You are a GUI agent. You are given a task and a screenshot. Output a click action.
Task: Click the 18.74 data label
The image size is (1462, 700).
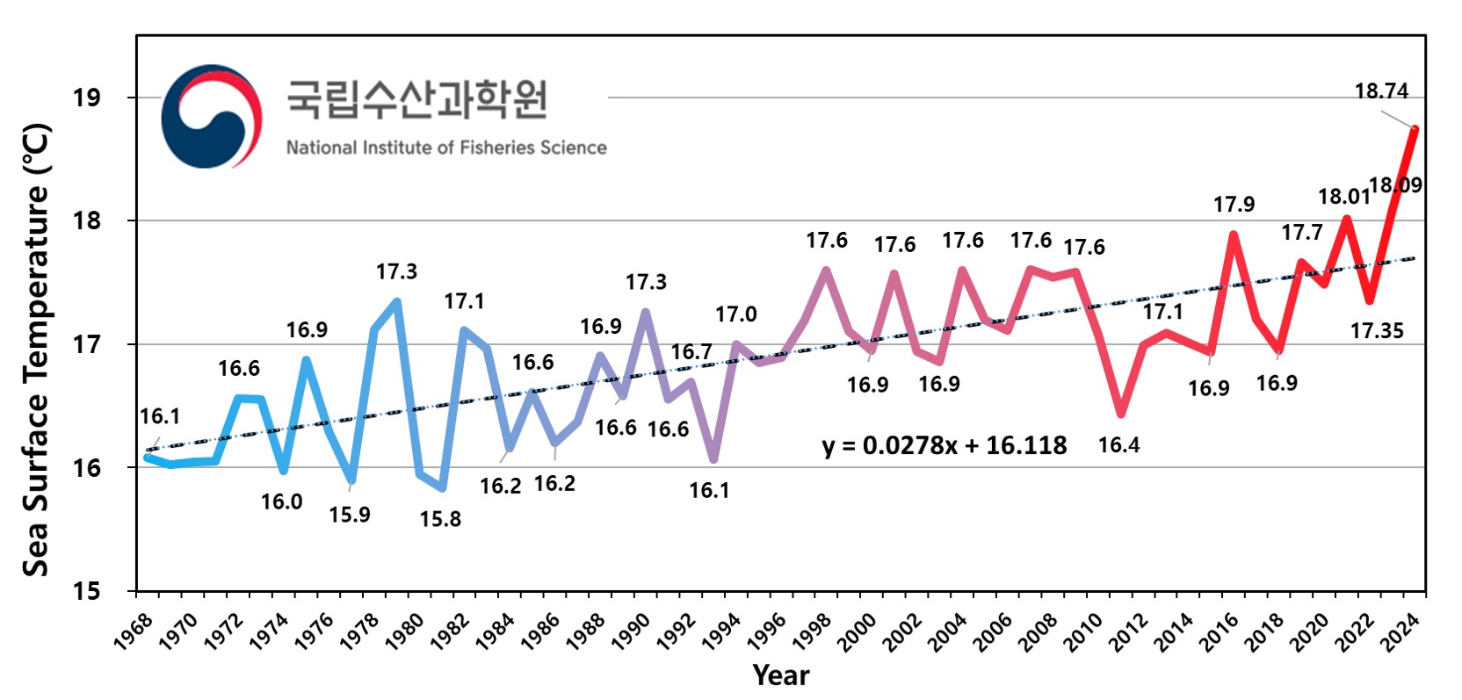(x=1381, y=91)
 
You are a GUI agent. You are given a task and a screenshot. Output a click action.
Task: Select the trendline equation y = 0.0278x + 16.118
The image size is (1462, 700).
(x=945, y=445)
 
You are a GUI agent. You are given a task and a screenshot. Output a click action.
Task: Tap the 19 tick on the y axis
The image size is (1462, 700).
(x=87, y=97)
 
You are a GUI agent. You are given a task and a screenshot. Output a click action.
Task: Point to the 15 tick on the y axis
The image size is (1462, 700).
(x=87, y=591)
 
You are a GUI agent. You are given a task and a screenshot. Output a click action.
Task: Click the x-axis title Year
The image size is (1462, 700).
(x=780, y=675)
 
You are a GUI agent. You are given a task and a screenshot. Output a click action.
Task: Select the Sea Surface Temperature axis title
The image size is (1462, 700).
(x=36, y=350)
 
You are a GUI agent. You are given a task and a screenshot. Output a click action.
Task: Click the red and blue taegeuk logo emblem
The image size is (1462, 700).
(x=212, y=116)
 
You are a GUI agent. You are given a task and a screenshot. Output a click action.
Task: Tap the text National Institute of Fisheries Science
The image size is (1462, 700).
(x=446, y=148)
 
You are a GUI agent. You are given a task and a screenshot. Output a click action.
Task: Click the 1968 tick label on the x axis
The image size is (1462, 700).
(x=134, y=631)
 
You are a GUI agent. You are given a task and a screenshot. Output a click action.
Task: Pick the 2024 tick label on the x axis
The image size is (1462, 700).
(x=1400, y=631)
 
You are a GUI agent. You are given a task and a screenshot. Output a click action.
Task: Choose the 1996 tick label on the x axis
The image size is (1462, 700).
(x=767, y=631)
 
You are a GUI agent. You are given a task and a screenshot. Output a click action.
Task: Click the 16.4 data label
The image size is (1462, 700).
(x=1118, y=445)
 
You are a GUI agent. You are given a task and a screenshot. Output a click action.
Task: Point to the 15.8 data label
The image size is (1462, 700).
(x=440, y=519)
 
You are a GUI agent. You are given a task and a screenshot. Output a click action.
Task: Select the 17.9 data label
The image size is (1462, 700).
(x=1234, y=205)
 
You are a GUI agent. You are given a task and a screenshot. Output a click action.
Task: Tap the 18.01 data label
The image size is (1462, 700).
(x=1343, y=197)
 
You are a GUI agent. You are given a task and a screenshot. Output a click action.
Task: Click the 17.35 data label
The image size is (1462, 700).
(x=1377, y=331)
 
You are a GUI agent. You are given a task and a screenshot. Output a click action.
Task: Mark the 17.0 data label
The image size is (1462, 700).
(x=735, y=314)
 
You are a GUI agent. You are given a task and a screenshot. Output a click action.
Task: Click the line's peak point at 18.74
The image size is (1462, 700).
(x=1415, y=129)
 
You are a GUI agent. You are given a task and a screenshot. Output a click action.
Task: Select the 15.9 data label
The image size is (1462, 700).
(x=350, y=515)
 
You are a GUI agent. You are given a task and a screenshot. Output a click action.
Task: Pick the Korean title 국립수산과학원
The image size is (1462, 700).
(x=417, y=99)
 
